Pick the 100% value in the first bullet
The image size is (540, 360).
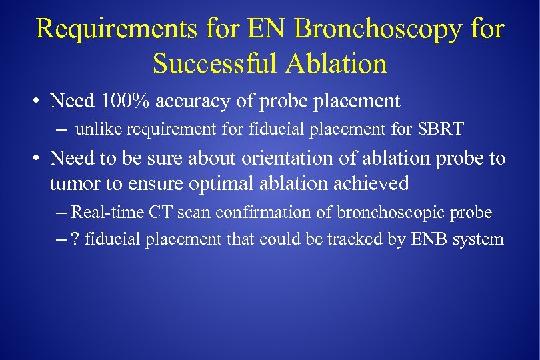point(125,101)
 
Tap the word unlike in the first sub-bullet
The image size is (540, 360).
point(94,129)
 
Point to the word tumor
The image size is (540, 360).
point(70,183)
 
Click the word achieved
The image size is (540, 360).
point(375,183)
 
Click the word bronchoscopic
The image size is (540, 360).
point(393,213)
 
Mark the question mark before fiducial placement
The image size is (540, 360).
point(74,239)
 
